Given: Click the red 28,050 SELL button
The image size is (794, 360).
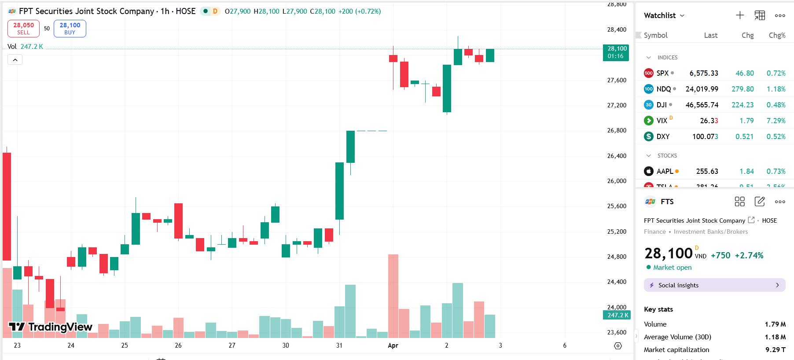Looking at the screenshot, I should (x=23, y=29).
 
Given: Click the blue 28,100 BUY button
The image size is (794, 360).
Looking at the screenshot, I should (x=70, y=29).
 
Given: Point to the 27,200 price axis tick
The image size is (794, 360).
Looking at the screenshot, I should (x=617, y=105).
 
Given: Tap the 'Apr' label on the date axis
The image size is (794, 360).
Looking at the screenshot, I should (x=393, y=345).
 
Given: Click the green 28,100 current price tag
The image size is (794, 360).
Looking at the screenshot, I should (x=617, y=52).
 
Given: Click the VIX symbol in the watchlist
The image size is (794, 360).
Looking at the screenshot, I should (x=662, y=121).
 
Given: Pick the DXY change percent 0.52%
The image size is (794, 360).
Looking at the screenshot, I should (x=776, y=136).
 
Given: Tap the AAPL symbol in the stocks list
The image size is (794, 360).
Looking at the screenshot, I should (x=665, y=171).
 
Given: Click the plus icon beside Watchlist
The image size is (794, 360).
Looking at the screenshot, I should (x=740, y=15).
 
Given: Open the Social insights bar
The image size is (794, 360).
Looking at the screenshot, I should (x=714, y=285).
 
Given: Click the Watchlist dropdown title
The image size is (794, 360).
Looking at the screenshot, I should (x=664, y=15).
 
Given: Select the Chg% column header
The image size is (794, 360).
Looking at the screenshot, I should (x=777, y=35).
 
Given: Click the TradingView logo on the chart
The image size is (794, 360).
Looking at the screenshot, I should (x=51, y=327).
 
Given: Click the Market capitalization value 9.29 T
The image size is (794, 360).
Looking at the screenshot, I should (x=776, y=350).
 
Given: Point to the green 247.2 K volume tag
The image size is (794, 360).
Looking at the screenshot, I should (x=617, y=315).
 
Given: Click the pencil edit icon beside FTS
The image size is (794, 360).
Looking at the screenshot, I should (x=760, y=202).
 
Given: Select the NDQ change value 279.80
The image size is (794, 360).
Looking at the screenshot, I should (x=743, y=89).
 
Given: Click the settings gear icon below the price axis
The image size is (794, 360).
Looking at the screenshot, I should (x=618, y=346).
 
